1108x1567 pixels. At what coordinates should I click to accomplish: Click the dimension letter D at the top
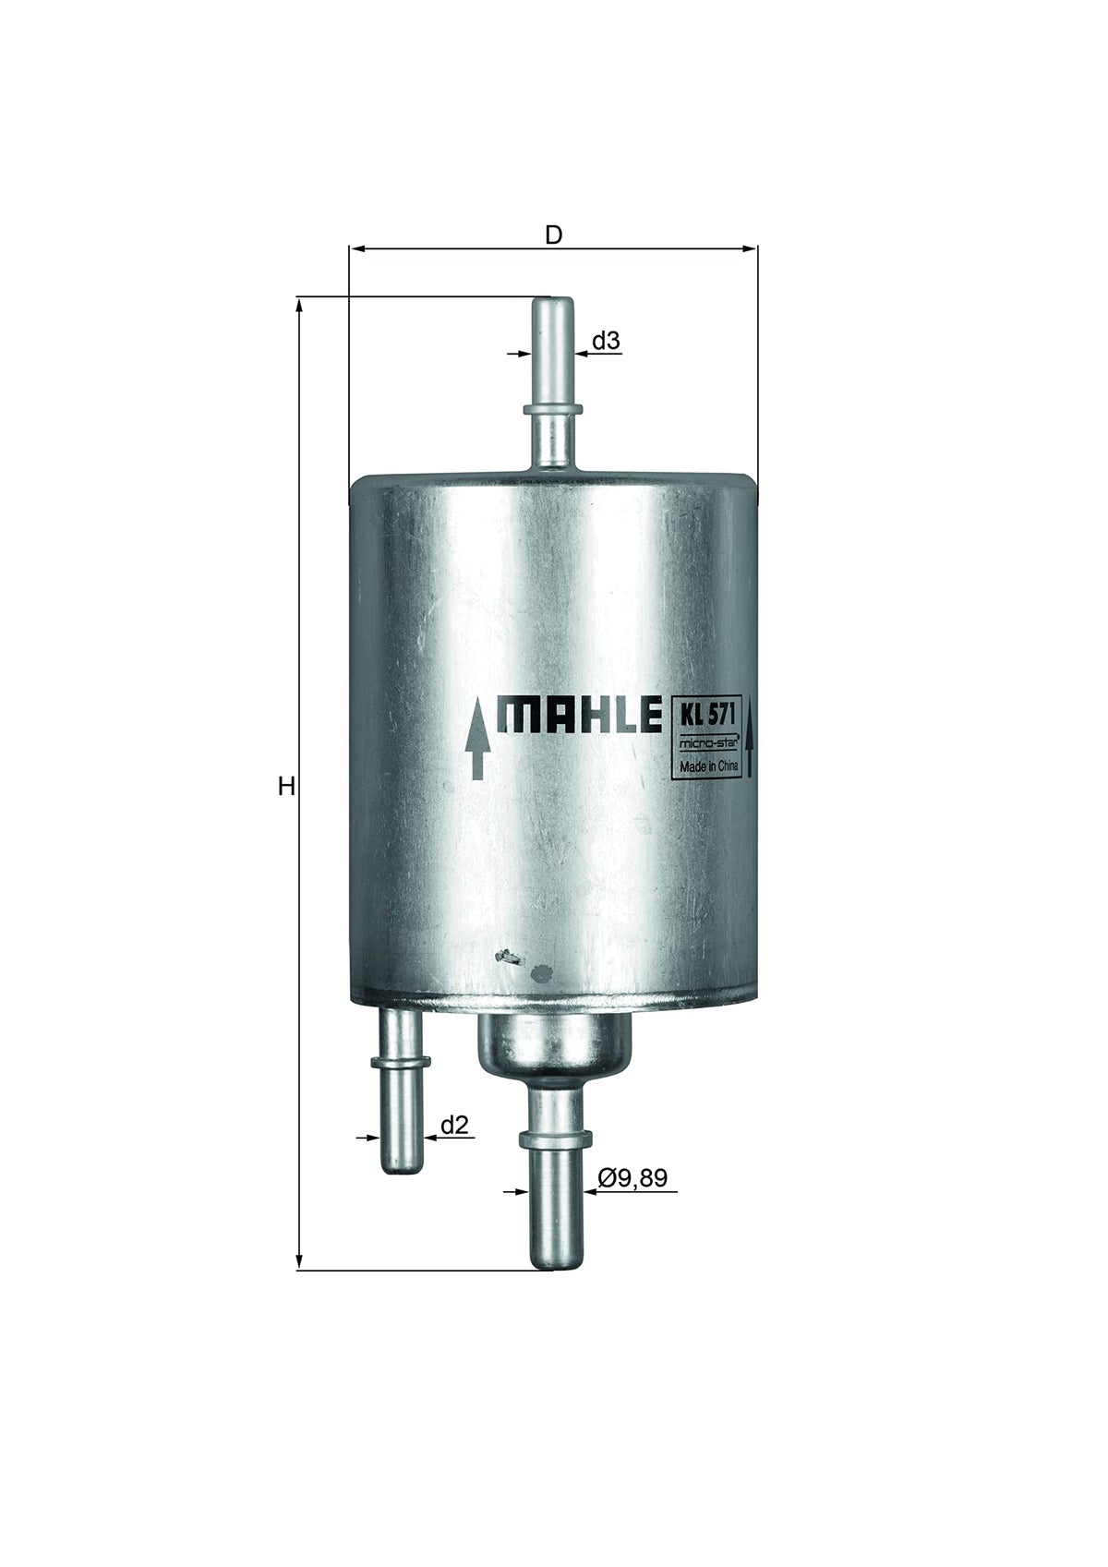click(x=553, y=235)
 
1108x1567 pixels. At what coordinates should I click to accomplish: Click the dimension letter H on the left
click(x=285, y=787)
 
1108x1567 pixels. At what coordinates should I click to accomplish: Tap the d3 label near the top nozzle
click(x=607, y=342)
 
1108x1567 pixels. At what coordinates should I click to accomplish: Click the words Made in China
click(x=709, y=766)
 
